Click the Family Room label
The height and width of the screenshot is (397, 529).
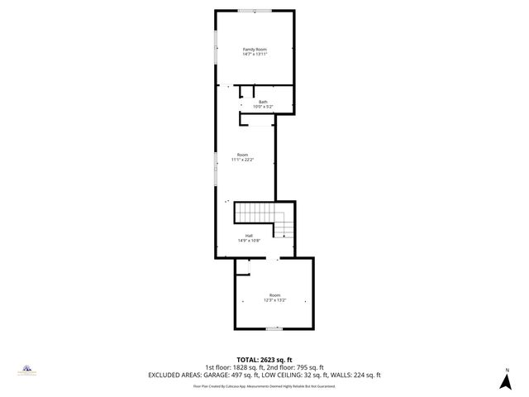[255, 50]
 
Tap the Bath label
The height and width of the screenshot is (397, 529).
[263, 102]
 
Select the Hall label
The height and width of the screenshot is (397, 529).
[249, 236]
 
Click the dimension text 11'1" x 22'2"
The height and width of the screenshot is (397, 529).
[242, 160]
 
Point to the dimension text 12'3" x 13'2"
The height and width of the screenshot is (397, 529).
[274, 300]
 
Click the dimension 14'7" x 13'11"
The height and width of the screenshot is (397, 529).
[255, 55]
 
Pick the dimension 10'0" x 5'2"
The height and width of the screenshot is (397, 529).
[263, 107]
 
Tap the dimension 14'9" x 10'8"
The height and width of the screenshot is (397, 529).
[249, 241]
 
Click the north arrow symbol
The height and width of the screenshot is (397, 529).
[505, 381]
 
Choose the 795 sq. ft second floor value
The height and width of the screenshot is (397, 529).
[309, 367]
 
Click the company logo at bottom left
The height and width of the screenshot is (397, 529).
[26, 370]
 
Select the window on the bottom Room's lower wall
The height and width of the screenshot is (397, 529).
[273, 329]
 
